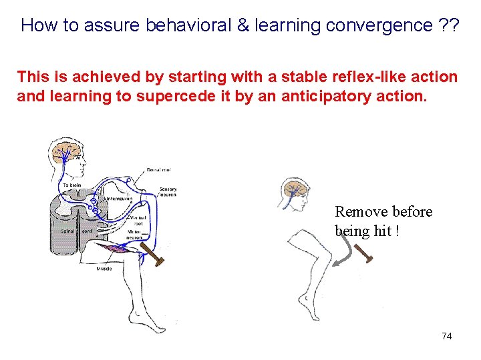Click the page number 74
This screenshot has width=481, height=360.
click(x=446, y=336)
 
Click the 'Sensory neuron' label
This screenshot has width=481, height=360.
click(x=168, y=193)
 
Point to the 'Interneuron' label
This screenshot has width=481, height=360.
click(x=119, y=199)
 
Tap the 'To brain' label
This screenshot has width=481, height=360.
click(x=71, y=185)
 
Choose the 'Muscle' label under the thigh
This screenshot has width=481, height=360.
click(x=104, y=269)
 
